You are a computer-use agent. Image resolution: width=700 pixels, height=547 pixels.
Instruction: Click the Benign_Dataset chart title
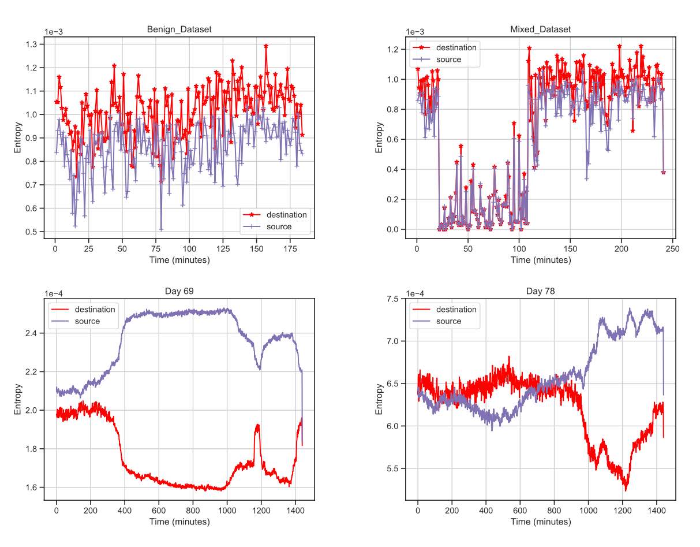179,29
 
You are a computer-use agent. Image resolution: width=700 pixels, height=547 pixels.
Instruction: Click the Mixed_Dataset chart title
541,29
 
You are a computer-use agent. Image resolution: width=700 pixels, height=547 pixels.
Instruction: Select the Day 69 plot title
179,291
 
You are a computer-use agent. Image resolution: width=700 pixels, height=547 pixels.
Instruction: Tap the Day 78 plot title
541,291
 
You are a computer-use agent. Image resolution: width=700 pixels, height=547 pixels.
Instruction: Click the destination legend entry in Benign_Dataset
286,215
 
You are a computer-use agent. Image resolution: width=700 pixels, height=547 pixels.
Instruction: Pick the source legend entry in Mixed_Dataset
448,59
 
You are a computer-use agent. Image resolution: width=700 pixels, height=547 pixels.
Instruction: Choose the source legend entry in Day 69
87,321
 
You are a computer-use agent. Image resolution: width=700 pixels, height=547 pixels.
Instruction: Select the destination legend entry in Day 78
456,310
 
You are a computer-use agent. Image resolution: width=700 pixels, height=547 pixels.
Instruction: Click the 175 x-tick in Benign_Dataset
290,249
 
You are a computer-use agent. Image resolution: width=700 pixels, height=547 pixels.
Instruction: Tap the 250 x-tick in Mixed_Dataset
672,249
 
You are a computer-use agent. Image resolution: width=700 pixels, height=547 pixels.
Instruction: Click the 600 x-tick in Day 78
520,511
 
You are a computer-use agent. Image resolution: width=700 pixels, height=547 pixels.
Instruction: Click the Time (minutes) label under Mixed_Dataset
541,260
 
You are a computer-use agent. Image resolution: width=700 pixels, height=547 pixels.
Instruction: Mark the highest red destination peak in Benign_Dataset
266,46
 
